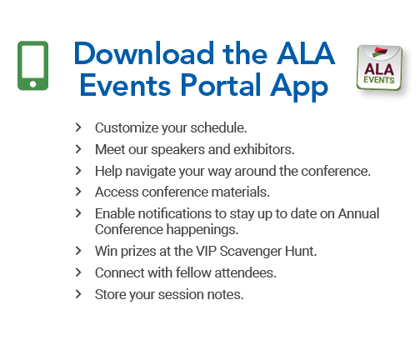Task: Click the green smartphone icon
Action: (32, 66)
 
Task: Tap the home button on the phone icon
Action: (32, 84)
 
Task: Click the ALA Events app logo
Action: (380, 67)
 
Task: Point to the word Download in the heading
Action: (144, 53)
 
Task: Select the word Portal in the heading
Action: (221, 85)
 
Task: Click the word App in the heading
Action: (299, 87)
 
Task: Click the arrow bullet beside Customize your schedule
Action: (78, 127)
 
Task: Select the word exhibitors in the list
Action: (264, 149)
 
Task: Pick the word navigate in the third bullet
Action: (151, 172)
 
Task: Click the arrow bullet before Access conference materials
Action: (78, 192)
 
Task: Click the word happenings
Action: (202, 230)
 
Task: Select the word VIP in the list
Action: (206, 251)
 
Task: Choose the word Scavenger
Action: (251, 252)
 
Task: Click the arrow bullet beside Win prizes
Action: (78, 251)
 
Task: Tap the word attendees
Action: (246, 272)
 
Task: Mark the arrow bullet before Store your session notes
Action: (78, 294)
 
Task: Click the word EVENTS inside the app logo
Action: (379, 80)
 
